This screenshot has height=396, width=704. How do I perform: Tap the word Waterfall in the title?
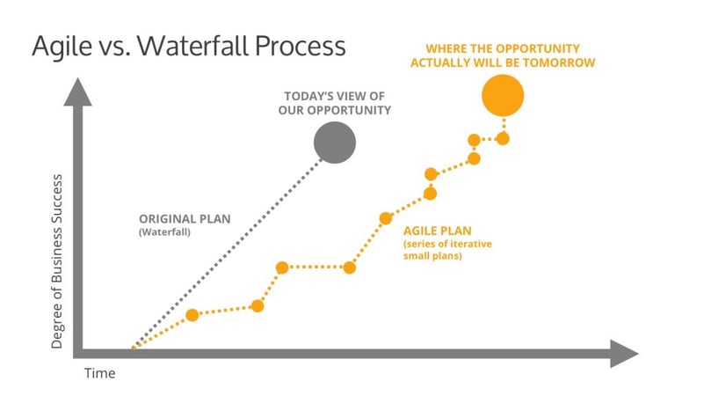[193, 46]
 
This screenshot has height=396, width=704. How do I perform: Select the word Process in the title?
[301, 46]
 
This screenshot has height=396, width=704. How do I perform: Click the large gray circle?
[335, 143]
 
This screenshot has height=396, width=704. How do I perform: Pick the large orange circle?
[503, 95]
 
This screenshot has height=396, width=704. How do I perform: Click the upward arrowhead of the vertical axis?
[77, 92]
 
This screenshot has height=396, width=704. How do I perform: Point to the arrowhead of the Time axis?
[624, 353]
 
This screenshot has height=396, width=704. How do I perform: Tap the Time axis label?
[99, 373]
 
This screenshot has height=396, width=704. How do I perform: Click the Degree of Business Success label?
[56, 261]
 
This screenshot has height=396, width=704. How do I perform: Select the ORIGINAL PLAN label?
[185, 219]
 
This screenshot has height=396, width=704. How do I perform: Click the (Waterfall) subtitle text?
[164, 232]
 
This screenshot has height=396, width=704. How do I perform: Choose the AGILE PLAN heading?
[438, 231]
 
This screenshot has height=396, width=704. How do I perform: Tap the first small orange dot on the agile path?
[192, 315]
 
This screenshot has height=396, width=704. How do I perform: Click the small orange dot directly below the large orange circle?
[503, 138]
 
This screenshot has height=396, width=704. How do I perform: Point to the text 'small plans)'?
[432, 256]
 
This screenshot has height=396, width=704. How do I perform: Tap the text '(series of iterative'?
[447, 244]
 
